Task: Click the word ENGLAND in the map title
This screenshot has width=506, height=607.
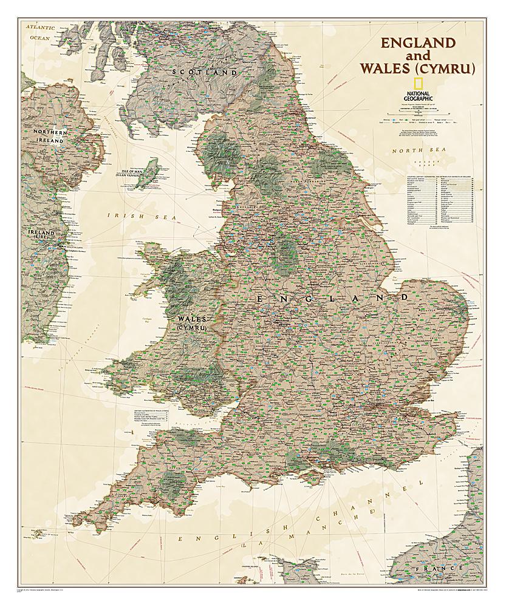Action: (417, 43)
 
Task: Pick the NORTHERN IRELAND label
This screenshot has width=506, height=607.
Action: (49, 136)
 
